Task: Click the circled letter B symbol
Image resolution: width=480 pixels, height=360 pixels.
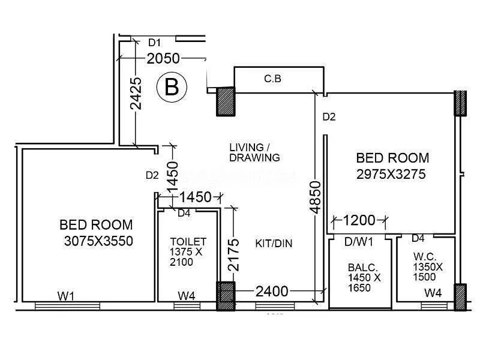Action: pyautogui.click(x=172, y=88)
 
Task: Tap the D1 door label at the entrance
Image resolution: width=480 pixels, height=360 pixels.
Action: pyautogui.click(x=155, y=43)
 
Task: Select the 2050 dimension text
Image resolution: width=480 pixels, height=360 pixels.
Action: pyautogui.click(x=163, y=58)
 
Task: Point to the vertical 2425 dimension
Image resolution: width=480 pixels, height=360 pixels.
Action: pyautogui.click(x=136, y=93)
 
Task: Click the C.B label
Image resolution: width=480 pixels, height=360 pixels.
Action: pyautogui.click(x=273, y=79)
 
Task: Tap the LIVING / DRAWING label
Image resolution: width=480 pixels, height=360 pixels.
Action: pyautogui.click(x=254, y=152)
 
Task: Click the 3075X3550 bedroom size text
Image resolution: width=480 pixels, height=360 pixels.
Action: pyautogui.click(x=98, y=241)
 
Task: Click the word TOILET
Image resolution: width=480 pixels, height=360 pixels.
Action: pyautogui.click(x=188, y=241)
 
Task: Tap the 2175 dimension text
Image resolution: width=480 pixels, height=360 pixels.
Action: pyautogui.click(x=234, y=256)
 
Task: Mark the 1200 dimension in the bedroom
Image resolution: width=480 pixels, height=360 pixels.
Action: pyautogui.click(x=359, y=220)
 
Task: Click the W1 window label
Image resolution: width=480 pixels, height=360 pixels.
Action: pyautogui.click(x=66, y=295)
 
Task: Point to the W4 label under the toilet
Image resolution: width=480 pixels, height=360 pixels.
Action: pyautogui.click(x=187, y=295)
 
